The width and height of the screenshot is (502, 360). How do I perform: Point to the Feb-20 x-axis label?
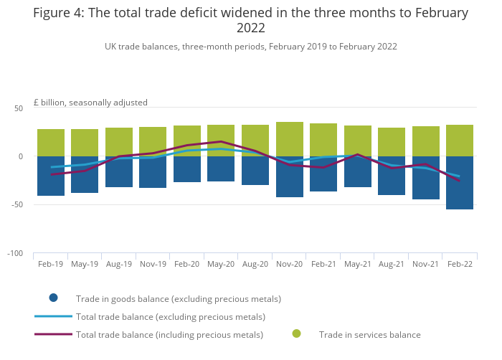pos(186,264)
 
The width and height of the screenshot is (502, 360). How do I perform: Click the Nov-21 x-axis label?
pos(425,264)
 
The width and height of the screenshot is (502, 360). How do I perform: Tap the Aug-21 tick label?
pos(391,264)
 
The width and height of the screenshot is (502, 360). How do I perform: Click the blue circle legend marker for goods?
pos(53,298)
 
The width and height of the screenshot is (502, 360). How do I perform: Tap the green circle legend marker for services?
pos(296,334)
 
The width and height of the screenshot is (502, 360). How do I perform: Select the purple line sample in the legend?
pos(53,334)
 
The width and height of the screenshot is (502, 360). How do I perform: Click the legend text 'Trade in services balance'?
pos(369,335)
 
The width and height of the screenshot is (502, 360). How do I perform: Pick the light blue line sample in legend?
pos(53,316)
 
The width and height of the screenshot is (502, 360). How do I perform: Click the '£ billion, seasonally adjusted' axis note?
pos(90,103)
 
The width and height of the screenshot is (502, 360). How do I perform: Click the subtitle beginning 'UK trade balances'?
pos(250,47)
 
